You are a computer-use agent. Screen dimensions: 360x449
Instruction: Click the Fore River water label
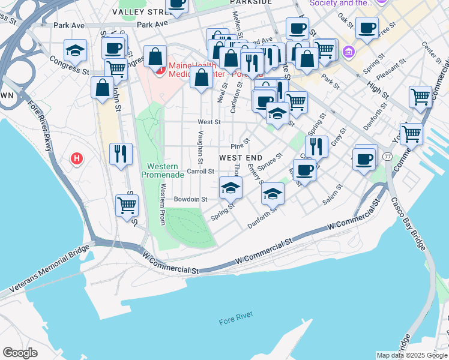236,315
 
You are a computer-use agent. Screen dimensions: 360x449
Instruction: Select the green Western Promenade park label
162,170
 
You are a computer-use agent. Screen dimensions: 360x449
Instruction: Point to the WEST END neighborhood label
239,157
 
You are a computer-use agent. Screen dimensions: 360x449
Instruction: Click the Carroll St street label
200,171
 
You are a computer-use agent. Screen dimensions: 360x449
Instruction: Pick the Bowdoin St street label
190,199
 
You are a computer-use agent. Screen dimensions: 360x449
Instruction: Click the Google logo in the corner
21,352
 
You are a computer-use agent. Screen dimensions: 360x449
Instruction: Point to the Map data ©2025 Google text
412,355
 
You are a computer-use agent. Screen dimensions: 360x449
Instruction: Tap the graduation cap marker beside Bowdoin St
231,188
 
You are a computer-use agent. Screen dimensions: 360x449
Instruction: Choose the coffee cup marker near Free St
367,27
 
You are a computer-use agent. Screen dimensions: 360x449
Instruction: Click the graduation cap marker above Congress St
75,50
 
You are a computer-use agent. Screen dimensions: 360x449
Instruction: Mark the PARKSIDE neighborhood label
251,2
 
